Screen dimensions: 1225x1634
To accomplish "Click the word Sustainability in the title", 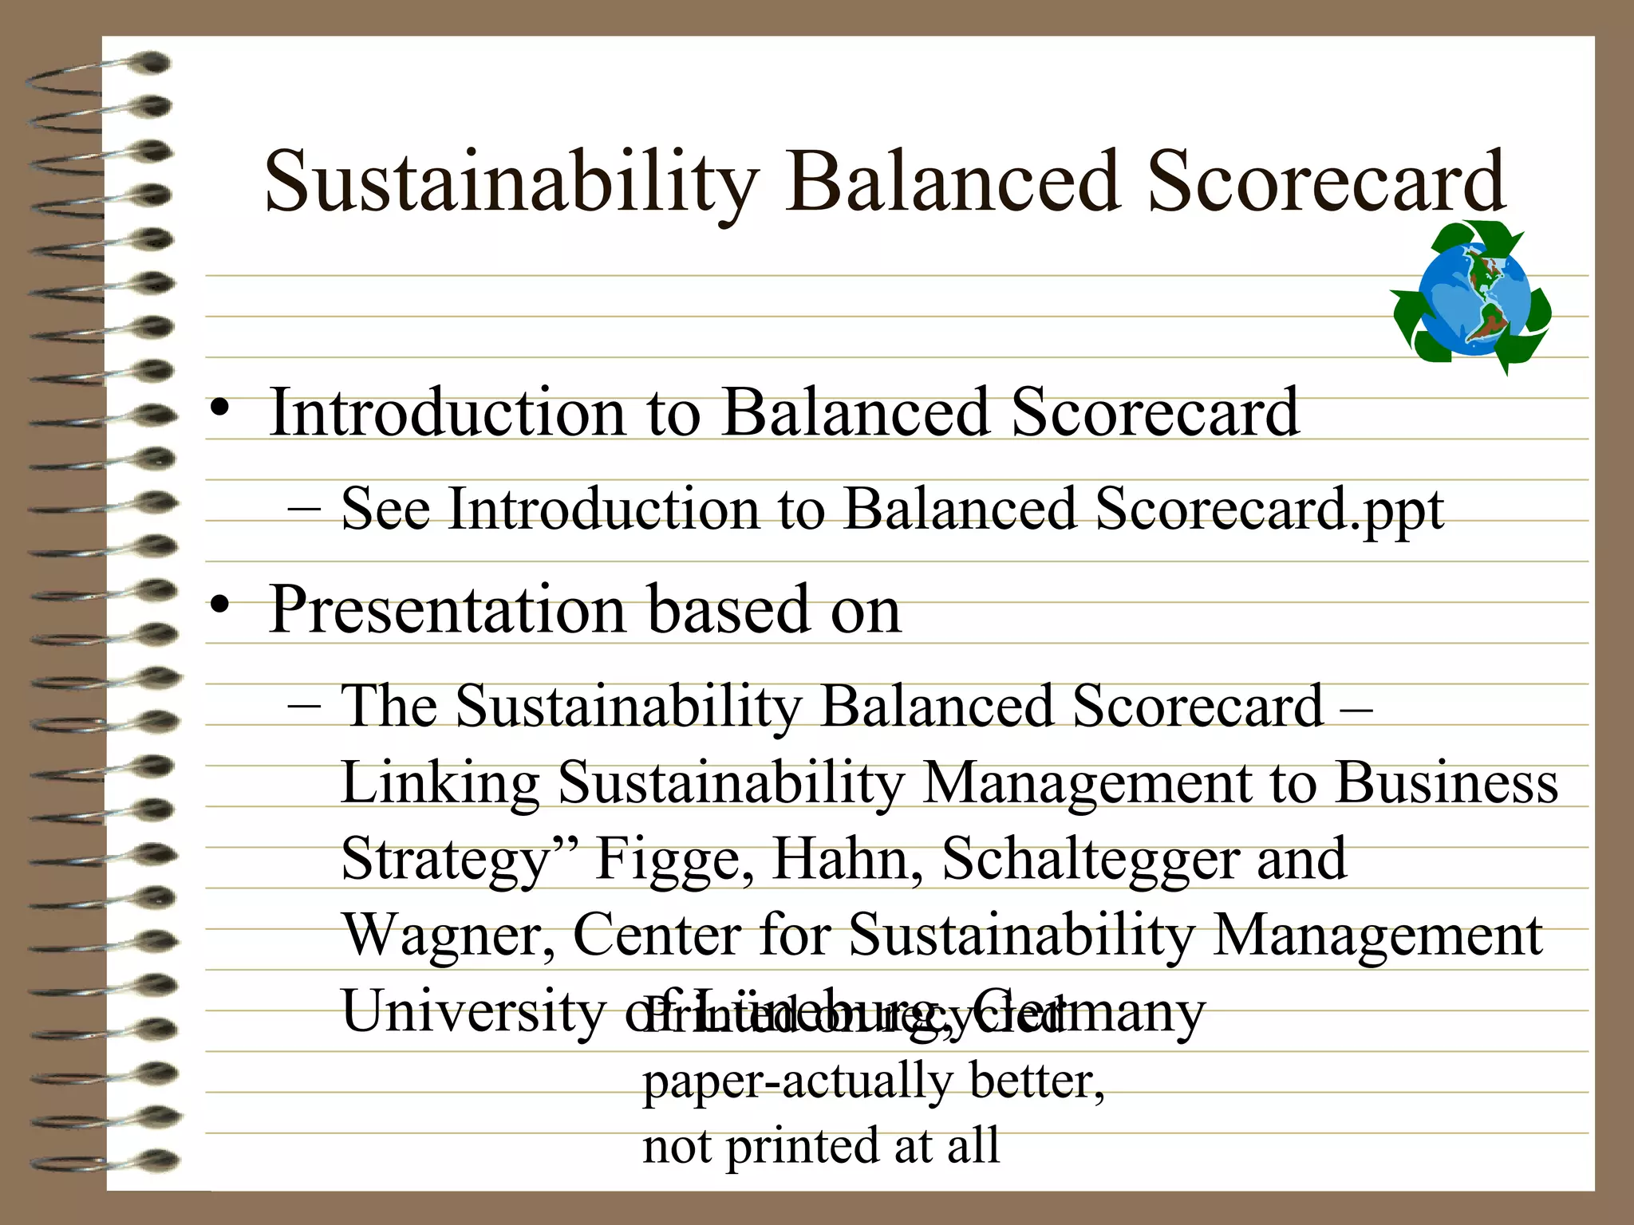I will (511, 182).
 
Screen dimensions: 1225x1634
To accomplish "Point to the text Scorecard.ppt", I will (1269, 509).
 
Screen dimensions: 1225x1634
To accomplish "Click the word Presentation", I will (448, 611).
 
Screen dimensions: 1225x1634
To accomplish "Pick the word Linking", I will (440, 784).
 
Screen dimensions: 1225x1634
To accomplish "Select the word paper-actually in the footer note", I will (797, 1083).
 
